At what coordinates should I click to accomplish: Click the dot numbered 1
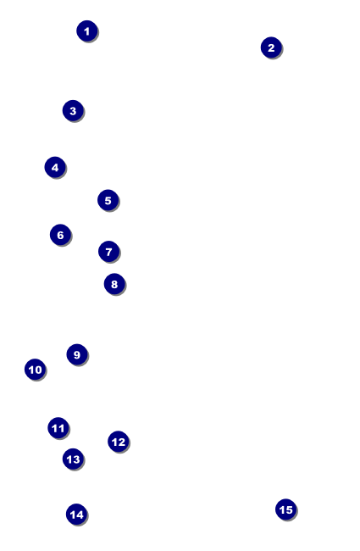(x=87, y=31)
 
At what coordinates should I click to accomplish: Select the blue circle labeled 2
(x=271, y=47)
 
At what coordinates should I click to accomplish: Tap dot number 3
(x=73, y=111)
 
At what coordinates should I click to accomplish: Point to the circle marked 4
(x=55, y=167)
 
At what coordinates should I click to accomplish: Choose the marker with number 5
(x=108, y=200)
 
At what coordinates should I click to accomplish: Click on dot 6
(x=60, y=235)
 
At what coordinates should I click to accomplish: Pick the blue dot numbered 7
(x=109, y=252)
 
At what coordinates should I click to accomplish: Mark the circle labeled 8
(x=114, y=284)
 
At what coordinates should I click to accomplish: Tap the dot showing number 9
(x=77, y=354)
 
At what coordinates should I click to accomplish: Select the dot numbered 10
(x=35, y=370)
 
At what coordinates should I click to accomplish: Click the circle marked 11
(x=58, y=428)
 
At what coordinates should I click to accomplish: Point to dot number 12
(x=119, y=442)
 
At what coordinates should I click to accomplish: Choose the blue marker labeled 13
(x=73, y=459)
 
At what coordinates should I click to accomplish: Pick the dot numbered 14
(x=76, y=515)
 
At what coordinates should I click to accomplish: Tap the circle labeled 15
(x=286, y=509)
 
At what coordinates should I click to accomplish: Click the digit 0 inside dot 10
(x=38, y=370)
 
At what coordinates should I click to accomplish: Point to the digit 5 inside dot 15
(x=289, y=509)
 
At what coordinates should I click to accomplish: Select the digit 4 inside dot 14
(x=80, y=515)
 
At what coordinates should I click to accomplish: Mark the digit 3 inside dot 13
(x=76, y=459)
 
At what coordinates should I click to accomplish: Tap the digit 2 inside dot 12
(x=121, y=442)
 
